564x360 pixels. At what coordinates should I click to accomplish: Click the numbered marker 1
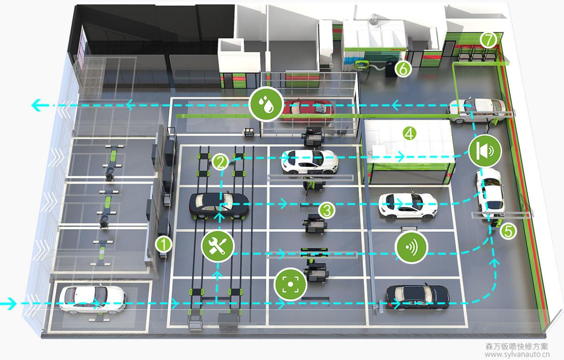click(x=164, y=244)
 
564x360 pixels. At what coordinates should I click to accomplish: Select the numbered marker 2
click(x=220, y=161)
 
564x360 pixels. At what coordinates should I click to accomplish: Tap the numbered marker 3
click(x=327, y=210)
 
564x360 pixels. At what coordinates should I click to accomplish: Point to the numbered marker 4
click(x=410, y=133)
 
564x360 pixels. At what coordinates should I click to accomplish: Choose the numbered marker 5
click(x=507, y=231)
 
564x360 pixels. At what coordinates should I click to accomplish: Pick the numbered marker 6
click(x=403, y=69)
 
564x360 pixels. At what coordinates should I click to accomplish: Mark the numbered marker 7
click(x=488, y=40)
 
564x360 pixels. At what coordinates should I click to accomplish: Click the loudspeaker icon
click(x=485, y=151)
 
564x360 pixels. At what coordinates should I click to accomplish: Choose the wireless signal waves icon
click(x=412, y=247)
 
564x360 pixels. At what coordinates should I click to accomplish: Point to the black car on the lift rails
click(x=219, y=205)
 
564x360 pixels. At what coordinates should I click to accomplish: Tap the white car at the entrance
click(x=92, y=298)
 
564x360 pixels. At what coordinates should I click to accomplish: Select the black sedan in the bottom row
click(x=417, y=297)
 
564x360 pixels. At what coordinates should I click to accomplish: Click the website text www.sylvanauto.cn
click(x=517, y=354)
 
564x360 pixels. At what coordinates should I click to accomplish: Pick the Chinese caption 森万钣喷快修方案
click(x=517, y=346)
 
